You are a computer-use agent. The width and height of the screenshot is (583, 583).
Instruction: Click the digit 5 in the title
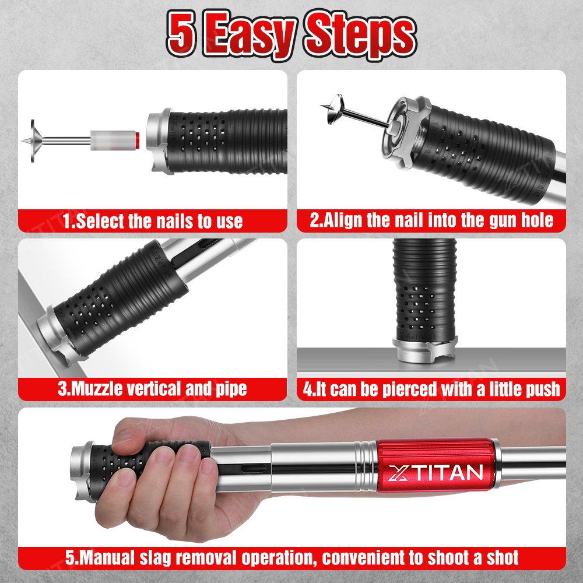coord(181,33)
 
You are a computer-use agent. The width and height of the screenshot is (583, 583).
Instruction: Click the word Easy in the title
coord(249,36)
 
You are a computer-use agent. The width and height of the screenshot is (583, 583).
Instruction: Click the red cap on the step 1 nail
coord(137,141)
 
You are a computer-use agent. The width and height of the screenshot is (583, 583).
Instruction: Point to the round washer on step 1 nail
coord(33,141)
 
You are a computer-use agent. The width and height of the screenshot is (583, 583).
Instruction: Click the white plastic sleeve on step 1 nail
coord(113,140)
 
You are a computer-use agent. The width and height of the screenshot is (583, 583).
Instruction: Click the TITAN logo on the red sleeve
coord(436,473)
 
